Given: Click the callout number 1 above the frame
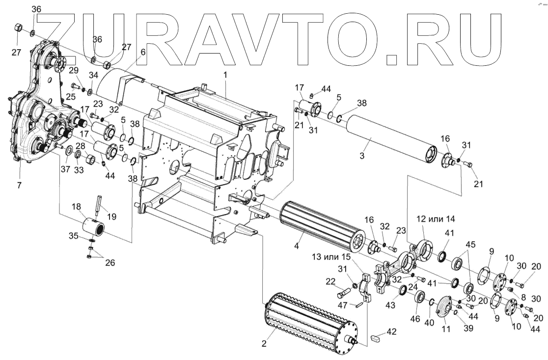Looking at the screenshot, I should point(225,76).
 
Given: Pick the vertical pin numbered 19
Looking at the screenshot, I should point(98,205).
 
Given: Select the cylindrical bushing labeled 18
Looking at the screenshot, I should point(96,227).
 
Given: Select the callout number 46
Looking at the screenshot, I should point(415,319).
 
